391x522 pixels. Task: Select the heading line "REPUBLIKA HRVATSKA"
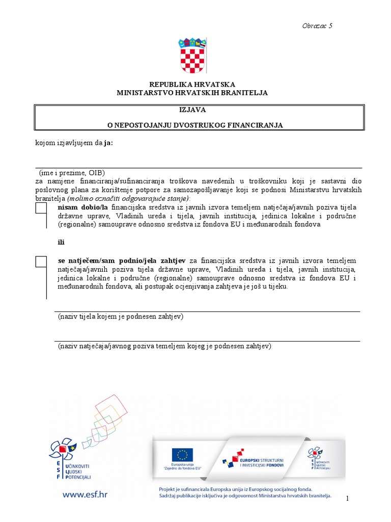click(192, 84)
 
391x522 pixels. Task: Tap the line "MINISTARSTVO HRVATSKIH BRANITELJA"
click(192, 93)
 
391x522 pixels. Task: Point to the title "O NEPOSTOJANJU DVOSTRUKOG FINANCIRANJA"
click(199, 125)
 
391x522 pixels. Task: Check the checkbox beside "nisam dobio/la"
click(41, 208)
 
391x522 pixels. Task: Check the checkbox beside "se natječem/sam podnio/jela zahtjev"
click(41, 262)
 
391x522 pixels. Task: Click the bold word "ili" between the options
click(61, 242)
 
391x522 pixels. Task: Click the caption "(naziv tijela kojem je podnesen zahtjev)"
click(120, 317)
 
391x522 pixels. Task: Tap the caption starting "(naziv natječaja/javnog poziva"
click(164, 346)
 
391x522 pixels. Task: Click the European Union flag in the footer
click(182, 455)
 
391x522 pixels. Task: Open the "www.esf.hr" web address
click(85, 493)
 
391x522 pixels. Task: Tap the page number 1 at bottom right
click(347, 499)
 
